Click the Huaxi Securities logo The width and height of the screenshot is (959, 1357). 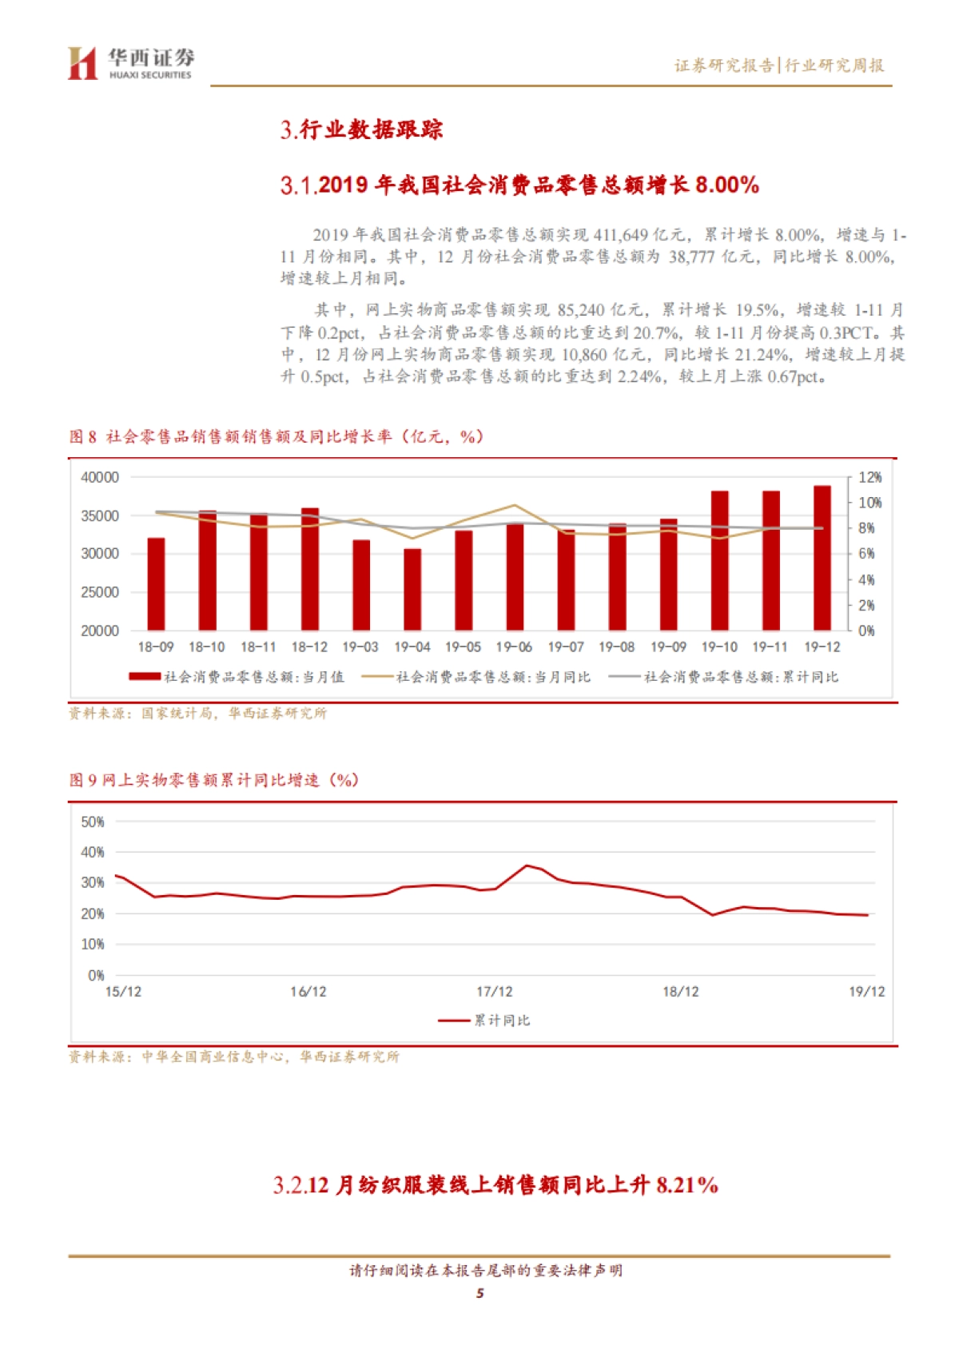coord(130,63)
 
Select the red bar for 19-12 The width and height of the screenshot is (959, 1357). coord(822,558)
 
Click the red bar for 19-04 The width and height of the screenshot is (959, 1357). coord(412,589)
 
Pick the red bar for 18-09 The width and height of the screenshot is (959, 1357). coord(156,584)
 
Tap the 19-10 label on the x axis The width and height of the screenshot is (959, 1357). coord(719,647)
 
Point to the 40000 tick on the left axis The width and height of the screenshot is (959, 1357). coord(100,477)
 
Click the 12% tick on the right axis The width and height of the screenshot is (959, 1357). coord(869,477)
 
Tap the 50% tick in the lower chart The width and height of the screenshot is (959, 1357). coord(93,822)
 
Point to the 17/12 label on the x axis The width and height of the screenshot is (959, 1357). coord(495,992)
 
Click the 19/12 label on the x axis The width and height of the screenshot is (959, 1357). coord(866,992)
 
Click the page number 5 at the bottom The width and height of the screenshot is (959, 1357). coord(479,1294)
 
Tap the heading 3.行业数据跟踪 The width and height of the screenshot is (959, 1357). coord(361,129)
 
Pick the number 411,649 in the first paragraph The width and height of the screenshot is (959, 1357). coord(620,235)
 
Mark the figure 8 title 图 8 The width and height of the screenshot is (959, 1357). coord(82,436)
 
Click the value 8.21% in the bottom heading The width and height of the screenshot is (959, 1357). coord(686,1184)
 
